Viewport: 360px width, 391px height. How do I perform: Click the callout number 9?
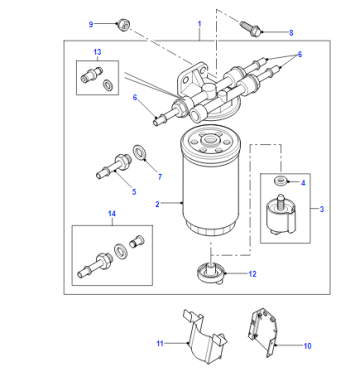point(91,24)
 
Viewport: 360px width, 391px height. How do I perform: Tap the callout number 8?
point(291,33)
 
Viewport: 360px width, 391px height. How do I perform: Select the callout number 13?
point(97,52)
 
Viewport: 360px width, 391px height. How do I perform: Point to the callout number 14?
point(112,213)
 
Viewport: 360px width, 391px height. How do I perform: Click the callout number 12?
point(253,274)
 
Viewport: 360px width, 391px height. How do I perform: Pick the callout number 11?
point(160,343)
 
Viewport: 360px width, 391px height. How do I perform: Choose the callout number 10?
point(307,346)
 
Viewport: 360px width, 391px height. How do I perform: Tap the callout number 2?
point(157,204)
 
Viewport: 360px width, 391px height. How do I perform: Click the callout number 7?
point(160,177)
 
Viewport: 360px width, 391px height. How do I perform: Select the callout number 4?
point(303,183)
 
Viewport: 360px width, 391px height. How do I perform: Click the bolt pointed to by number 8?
point(251,28)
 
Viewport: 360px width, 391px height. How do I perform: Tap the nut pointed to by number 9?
point(123,25)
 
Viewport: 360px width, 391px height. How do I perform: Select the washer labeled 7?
point(139,152)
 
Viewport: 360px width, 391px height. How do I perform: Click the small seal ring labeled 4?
point(280,181)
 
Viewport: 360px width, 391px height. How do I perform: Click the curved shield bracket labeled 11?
point(205,337)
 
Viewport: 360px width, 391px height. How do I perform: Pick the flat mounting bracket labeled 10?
point(263,332)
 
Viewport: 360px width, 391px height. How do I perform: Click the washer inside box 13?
point(108,85)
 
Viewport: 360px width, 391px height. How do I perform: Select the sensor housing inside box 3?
point(280,215)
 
